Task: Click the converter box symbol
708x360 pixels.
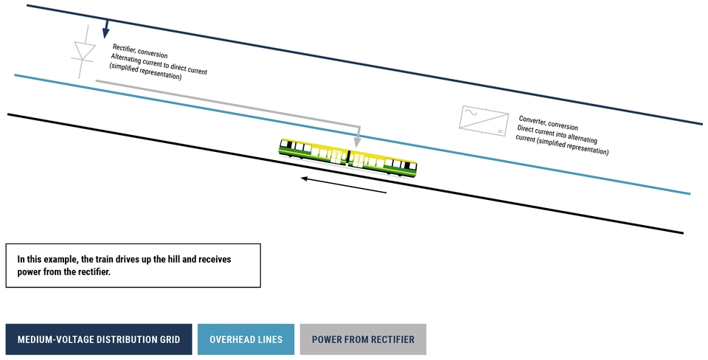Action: point(485,119)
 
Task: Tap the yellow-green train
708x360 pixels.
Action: point(347,157)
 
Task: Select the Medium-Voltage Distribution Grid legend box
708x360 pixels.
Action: point(99,339)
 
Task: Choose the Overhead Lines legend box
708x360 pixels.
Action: point(246,339)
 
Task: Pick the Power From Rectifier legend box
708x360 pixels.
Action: point(363,339)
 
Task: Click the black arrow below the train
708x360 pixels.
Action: point(344,184)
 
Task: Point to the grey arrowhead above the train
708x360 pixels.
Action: point(358,141)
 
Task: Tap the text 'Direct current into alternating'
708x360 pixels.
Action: point(558,134)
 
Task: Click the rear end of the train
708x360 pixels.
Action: point(414,169)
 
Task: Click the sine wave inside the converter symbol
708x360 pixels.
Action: point(469,113)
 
